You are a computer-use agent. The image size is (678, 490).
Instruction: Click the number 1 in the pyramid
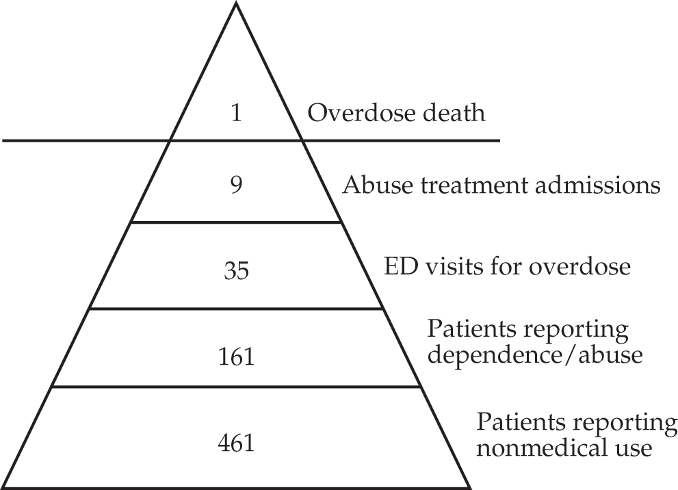coord(236,114)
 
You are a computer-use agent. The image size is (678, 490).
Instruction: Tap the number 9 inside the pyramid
coord(236,185)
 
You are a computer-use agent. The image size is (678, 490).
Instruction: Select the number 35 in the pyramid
coord(237,271)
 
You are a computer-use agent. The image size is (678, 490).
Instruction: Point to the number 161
coord(236,357)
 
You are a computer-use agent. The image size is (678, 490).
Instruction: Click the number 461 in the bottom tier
coord(236,443)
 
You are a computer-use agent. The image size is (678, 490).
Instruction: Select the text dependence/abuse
coord(535,355)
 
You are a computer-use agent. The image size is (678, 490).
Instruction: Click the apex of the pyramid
coord(236,3)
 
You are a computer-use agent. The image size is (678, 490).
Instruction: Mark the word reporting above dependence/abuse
coord(577,331)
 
